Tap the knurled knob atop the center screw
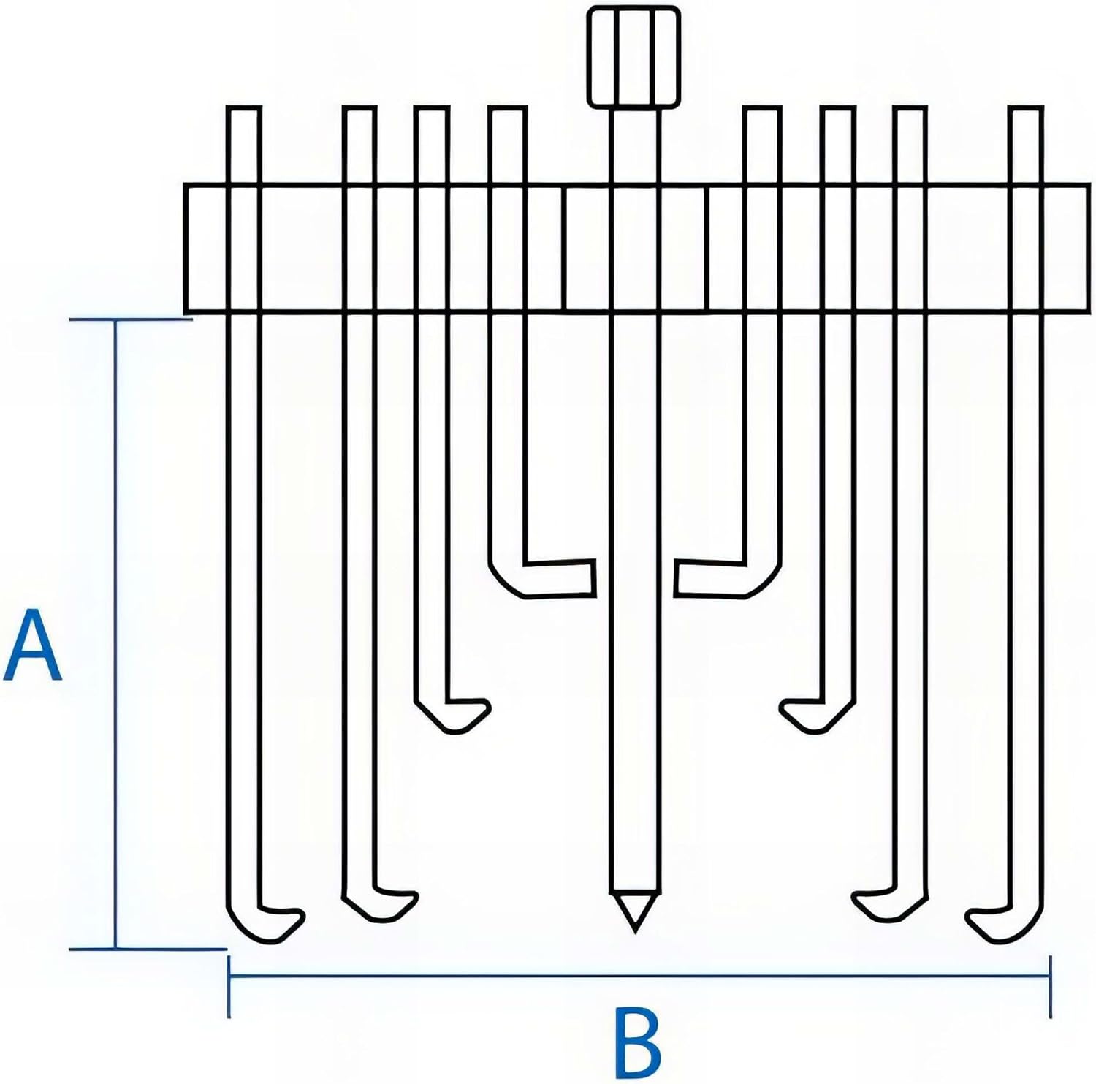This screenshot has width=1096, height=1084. tap(634, 57)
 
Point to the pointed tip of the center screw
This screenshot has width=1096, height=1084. tap(634, 914)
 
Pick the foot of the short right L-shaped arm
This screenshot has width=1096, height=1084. tap(709, 579)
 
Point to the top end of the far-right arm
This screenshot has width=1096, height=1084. tap(1025, 110)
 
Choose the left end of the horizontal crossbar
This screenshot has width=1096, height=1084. tap(186, 249)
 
